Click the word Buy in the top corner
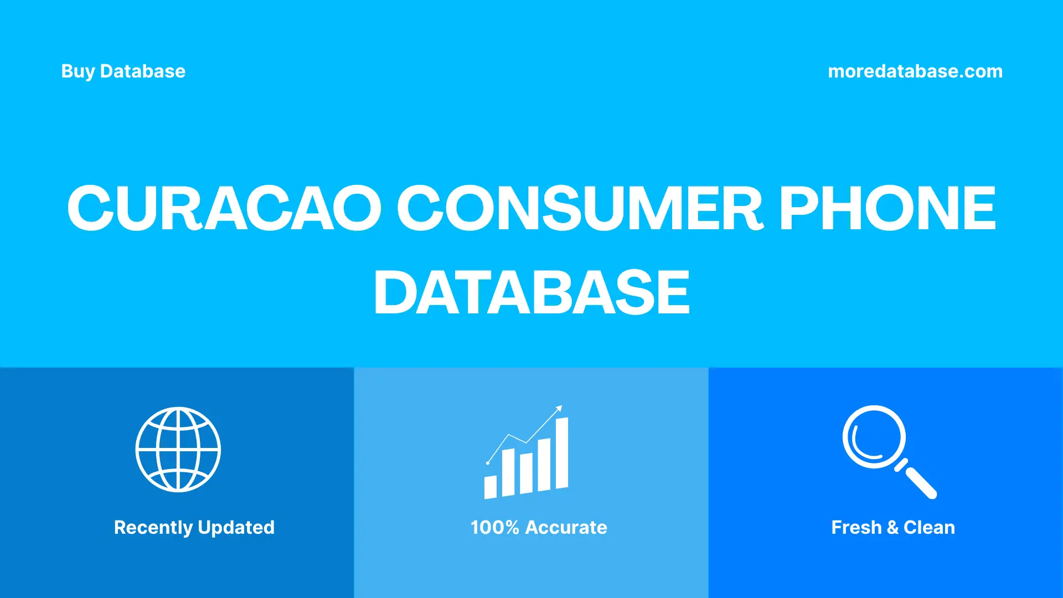[78, 71]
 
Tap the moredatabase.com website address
[915, 71]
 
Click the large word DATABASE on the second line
[531, 292]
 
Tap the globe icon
[178, 450]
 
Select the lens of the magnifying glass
[874, 437]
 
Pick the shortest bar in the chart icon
[490, 487]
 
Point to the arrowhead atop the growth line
[559, 409]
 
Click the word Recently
[153, 528]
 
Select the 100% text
[494, 528]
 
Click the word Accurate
[566, 528]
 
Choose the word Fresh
[856, 528]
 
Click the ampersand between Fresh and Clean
[892, 528]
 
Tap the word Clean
[929, 528]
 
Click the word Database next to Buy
[143, 71]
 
